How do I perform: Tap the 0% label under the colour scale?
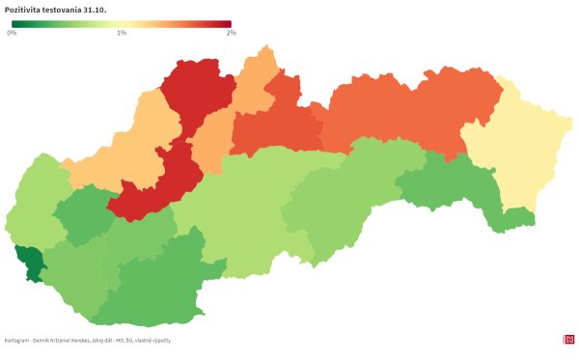pyautogui.click(x=12, y=33)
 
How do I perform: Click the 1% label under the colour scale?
pyautogui.click(x=122, y=33)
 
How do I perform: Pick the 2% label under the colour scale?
pyautogui.click(x=231, y=33)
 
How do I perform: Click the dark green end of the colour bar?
pyautogui.click(x=14, y=24)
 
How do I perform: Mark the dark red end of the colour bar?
pyautogui.click(x=228, y=24)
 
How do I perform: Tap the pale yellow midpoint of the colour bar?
pyautogui.click(x=122, y=24)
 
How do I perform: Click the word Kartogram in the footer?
pyautogui.click(x=17, y=340)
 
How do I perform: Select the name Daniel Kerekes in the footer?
pyautogui.click(x=82, y=340)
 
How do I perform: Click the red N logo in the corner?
pyautogui.click(x=567, y=339)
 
